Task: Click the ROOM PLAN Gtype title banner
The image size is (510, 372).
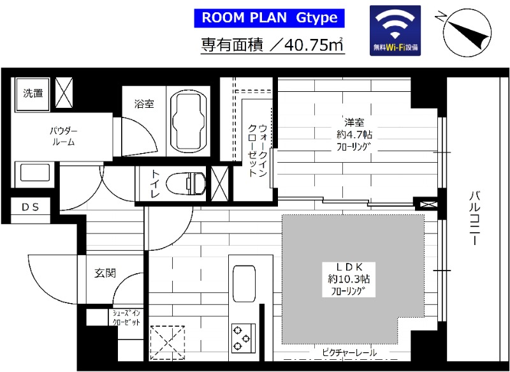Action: [x=269, y=18]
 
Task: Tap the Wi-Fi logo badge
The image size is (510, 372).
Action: [x=395, y=31]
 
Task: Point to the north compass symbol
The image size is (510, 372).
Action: [x=467, y=33]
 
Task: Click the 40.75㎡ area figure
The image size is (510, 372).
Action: [x=314, y=45]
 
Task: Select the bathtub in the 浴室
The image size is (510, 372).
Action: [x=189, y=121]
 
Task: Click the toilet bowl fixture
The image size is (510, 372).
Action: [x=186, y=184]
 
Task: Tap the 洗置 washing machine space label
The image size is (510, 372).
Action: [x=33, y=93]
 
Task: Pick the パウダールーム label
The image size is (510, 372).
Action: [x=64, y=137]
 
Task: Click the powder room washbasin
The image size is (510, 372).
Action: [x=35, y=173]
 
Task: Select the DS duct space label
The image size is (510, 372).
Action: [x=30, y=207]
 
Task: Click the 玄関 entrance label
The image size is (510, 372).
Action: [x=105, y=272]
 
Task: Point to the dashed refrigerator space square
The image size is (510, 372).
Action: [x=168, y=343]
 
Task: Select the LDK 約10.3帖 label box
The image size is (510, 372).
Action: [x=349, y=279]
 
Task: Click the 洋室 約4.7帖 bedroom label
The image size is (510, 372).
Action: [x=354, y=135]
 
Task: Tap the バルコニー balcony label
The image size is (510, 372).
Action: [x=474, y=218]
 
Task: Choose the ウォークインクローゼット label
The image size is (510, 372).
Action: [x=258, y=151]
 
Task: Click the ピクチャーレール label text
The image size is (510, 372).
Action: [x=349, y=352]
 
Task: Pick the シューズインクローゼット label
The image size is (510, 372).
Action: [x=126, y=318]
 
